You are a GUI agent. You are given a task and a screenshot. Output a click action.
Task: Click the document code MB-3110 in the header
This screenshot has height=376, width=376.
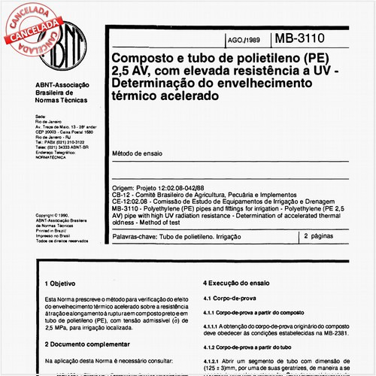click(x=310, y=37)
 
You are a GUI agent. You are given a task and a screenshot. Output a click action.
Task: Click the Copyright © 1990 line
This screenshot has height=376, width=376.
click(x=52, y=214)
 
